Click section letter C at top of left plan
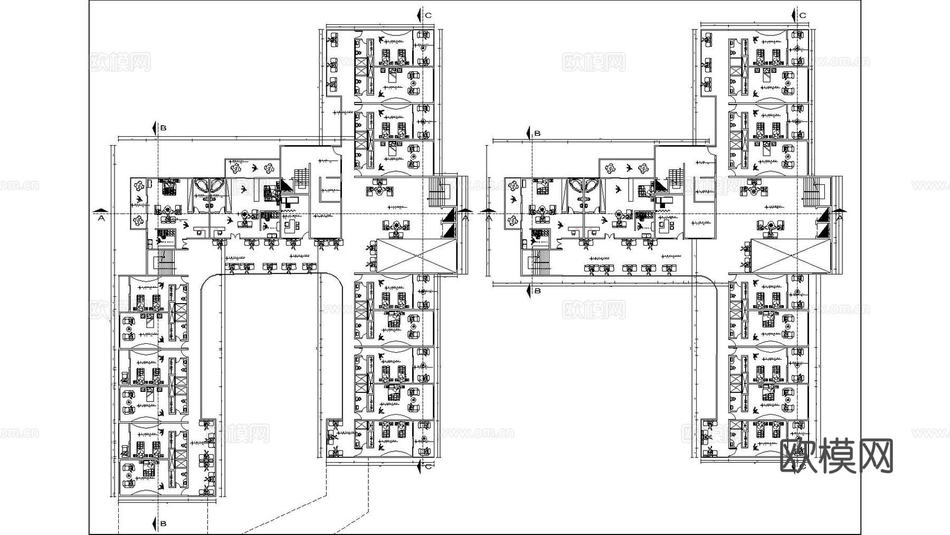pyautogui.click(x=429, y=15)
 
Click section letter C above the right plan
pyautogui.click(x=803, y=15)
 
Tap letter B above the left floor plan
pyautogui.click(x=164, y=128)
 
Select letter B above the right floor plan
pyautogui.click(x=537, y=133)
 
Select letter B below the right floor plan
pyautogui.click(x=537, y=290)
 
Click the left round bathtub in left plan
pyautogui.click(x=201, y=186)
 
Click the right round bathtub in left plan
pyautogui.click(x=217, y=186)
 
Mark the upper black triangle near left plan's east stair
pyautogui.click(x=449, y=215)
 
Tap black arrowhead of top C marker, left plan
pyautogui.click(x=418, y=15)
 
